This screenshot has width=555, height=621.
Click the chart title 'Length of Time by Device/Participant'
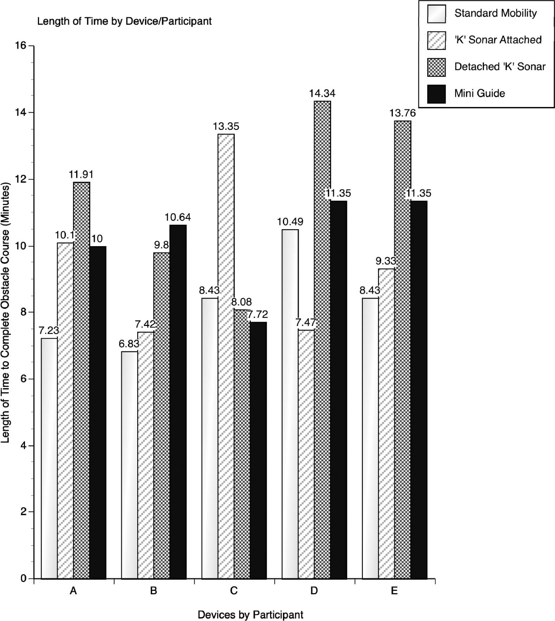(124, 21)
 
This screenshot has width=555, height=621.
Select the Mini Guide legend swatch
(436, 94)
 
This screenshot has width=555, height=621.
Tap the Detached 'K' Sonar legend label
(500, 67)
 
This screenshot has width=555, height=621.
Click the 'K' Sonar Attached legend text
(498, 40)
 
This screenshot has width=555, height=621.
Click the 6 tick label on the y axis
(24, 379)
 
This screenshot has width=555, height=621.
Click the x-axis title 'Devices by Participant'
(250, 615)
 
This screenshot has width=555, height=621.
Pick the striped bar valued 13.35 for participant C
(226, 355)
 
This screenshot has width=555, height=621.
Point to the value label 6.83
(129, 344)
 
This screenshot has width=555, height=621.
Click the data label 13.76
(402, 113)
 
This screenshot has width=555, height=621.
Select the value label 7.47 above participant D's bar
(306, 322)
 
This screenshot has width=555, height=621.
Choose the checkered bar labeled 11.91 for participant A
(81, 380)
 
